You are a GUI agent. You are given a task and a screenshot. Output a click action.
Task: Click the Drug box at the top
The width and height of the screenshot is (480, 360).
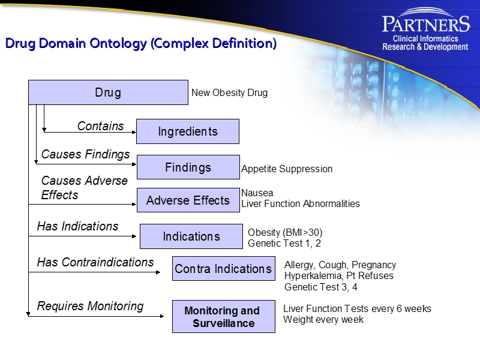pyautogui.click(x=108, y=92)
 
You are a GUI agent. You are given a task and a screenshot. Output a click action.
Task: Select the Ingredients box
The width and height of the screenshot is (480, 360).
pyautogui.click(x=188, y=131)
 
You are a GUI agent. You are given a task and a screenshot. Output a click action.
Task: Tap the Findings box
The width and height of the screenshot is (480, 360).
pyautogui.click(x=188, y=167)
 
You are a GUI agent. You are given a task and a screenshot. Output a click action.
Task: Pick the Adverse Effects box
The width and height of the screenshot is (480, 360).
pyautogui.click(x=188, y=200)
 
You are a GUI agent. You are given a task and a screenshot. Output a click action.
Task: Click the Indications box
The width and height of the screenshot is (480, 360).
pyautogui.click(x=191, y=236)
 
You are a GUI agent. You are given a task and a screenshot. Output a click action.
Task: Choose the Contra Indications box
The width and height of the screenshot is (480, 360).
pyautogui.click(x=223, y=269)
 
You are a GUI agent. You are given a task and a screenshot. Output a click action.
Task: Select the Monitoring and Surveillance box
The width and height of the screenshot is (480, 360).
pyautogui.click(x=223, y=317)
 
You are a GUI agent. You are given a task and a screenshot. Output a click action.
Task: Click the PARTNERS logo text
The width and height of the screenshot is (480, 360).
pyautogui.click(x=425, y=24)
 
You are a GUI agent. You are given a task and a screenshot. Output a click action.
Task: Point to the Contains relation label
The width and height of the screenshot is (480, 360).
pyautogui.click(x=100, y=126)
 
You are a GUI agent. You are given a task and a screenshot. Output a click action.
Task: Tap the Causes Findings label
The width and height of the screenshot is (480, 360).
pyautogui.click(x=85, y=154)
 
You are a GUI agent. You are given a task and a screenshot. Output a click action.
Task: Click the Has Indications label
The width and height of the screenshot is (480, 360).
pyautogui.click(x=77, y=226)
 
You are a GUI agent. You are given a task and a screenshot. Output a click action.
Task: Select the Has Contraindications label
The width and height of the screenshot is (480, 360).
pyautogui.click(x=95, y=262)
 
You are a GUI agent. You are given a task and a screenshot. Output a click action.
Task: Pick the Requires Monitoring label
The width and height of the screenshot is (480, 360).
pyautogui.click(x=90, y=306)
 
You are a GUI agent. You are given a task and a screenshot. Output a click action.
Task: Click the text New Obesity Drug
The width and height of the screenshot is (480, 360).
pyautogui.click(x=229, y=93)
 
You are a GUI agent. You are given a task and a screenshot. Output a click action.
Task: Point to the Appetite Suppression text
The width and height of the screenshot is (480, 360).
pyautogui.click(x=286, y=169)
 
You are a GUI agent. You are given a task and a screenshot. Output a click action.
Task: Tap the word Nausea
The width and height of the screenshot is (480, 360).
pyautogui.click(x=257, y=193)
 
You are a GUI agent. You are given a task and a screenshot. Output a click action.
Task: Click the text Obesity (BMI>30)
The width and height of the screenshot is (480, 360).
pyautogui.click(x=285, y=232)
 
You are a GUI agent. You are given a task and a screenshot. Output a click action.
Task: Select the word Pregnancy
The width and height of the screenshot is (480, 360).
pyautogui.click(x=373, y=265)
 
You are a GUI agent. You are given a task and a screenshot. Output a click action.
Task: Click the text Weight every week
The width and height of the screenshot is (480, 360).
pyautogui.click(x=323, y=320)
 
